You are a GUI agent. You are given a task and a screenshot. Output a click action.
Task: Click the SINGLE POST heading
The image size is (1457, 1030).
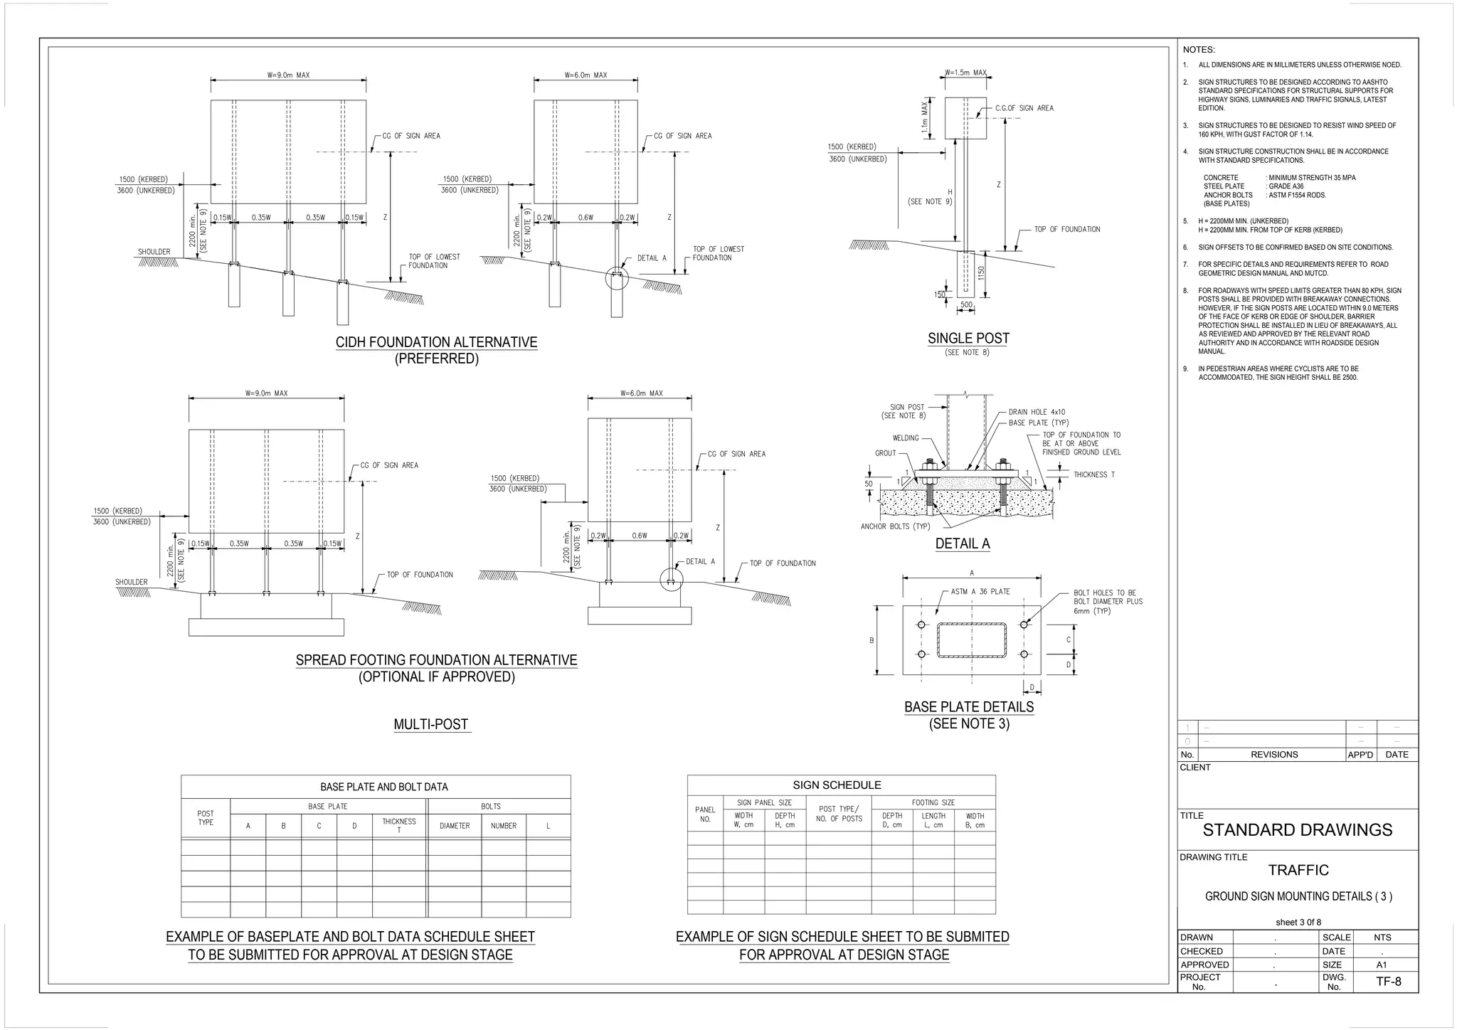pyautogui.click(x=968, y=339)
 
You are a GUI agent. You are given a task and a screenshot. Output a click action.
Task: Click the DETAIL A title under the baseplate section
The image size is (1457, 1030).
pyautogui.click(x=962, y=543)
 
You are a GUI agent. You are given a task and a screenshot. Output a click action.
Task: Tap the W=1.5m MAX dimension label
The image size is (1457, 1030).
pyautogui.click(x=965, y=73)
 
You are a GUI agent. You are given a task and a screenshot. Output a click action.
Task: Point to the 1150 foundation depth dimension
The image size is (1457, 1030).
pyautogui.click(x=981, y=272)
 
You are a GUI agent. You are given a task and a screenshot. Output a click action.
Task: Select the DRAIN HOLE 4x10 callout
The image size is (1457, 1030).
pyautogui.click(x=1037, y=412)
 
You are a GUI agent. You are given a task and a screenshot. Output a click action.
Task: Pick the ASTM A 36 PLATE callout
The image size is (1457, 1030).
pyautogui.click(x=980, y=591)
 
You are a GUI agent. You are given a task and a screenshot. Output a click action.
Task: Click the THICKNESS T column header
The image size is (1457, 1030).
pyautogui.click(x=398, y=825)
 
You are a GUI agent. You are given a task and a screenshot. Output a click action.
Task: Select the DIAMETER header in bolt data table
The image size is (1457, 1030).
pyautogui.click(x=454, y=826)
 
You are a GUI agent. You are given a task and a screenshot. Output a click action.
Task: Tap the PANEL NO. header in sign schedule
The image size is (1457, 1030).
pyautogui.click(x=704, y=814)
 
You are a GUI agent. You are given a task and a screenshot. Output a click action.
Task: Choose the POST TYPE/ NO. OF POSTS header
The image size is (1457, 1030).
pyautogui.click(x=839, y=814)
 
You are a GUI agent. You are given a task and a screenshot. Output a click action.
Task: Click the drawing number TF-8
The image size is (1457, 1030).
pyautogui.click(x=1388, y=982)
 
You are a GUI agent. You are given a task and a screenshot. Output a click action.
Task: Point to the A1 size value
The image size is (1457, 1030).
pyautogui.click(x=1381, y=965)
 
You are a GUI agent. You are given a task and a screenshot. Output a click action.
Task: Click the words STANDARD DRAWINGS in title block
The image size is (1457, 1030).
pyautogui.click(x=1297, y=830)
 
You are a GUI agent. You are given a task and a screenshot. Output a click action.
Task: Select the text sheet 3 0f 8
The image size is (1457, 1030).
pyautogui.click(x=1298, y=922)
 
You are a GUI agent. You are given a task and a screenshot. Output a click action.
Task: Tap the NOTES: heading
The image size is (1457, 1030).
pyautogui.click(x=1199, y=50)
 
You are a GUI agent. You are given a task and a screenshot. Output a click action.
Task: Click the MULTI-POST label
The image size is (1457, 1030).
pyautogui.click(x=431, y=724)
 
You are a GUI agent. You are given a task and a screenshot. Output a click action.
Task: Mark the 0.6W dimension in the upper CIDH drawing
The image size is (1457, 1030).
pyautogui.click(x=586, y=218)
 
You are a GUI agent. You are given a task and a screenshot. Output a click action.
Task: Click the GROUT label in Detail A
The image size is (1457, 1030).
pyautogui.click(x=885, y=453)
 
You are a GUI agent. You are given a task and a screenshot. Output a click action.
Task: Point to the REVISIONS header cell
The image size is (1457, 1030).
pyautogui.click(x=1273, y=754)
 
